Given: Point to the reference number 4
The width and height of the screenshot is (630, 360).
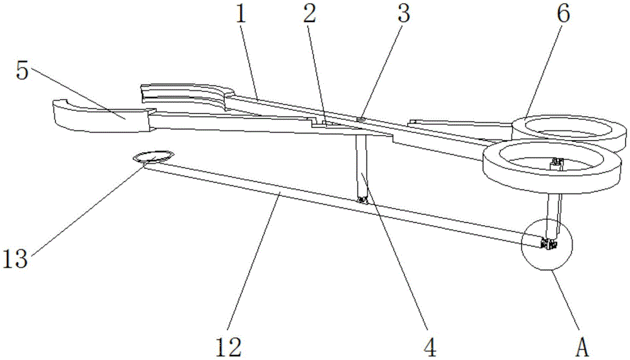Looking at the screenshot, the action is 430,347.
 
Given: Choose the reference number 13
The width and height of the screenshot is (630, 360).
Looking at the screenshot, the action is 15,258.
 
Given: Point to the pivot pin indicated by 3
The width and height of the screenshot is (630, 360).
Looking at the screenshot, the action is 361,119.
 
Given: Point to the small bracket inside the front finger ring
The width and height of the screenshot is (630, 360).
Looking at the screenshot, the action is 557,164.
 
